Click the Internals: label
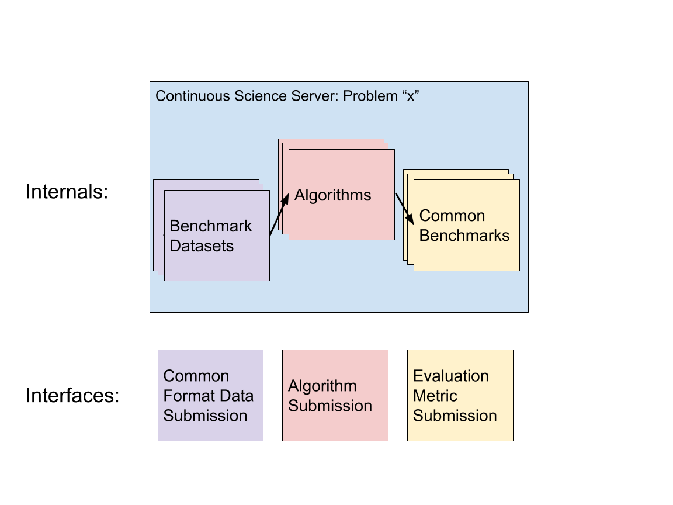tap(67, 192)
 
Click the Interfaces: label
tap(72, 396)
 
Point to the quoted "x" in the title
tap(410, 96)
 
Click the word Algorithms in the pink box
tap(332, 195)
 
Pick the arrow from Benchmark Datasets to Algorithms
tap(279, 215)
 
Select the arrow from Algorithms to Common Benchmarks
tap(405, 209)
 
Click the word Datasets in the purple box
tap(202, 246)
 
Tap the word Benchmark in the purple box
tap(210, 226)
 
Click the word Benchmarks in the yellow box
tap(464, 236)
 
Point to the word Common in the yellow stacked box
tap(452, 216)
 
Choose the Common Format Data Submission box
tap(210, 395)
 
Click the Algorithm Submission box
tap(335, 395)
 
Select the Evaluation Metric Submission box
tap(460, 395)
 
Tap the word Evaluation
tap(450, 376)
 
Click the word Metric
tap(435, 396)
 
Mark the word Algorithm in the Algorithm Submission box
tap(322, 386)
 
